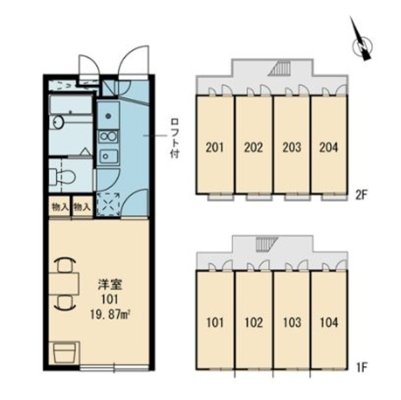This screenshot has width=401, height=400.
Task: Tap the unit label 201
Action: (215, 147)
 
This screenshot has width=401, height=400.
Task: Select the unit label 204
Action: (329, 147)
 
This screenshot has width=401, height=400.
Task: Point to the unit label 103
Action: (292, 322)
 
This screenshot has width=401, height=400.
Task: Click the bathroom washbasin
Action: (58, 122)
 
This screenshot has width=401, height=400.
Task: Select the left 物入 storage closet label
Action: (60, 207)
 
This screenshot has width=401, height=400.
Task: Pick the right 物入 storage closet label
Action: (82, 207)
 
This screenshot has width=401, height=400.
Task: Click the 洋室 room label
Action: (110, 285)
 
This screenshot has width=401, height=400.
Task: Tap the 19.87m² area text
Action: (110, 314)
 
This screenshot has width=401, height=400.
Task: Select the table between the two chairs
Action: (64, 284)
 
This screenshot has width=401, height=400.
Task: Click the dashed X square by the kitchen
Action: (108, 205)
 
